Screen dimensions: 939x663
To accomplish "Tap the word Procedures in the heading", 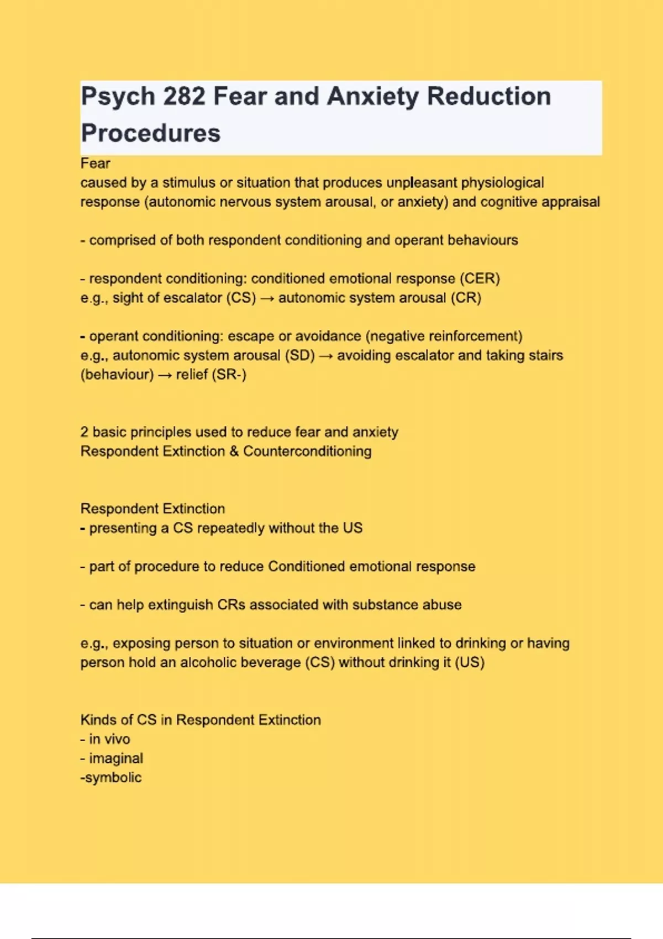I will tap(150, 133).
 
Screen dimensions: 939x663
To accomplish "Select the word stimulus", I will tap(188, 183).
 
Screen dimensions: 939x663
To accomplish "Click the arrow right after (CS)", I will tap(267, 298).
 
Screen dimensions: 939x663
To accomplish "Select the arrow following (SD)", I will tap(326, 356).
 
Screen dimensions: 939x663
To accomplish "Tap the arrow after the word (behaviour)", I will tap(165, 375).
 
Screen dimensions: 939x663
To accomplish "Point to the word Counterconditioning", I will tap(307, 451).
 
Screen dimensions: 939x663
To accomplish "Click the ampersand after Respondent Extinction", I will tap(234, 451).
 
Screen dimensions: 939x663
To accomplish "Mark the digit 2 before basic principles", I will tap(84, 432).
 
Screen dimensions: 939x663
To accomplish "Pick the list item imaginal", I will tap(115, 758).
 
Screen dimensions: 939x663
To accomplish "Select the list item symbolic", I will tap(113, 778).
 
